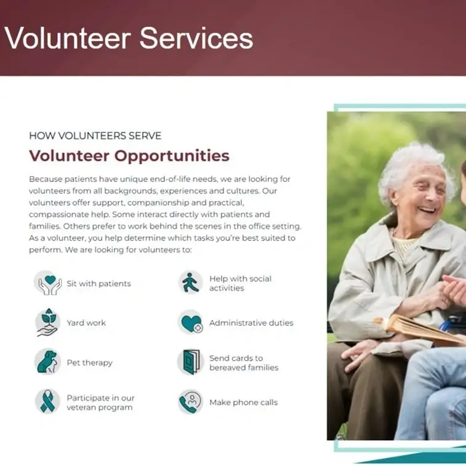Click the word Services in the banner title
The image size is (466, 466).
pyautogui.click(x=196, y=38)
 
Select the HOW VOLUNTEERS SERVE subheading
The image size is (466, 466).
pyautogui.click(x=95, y=135)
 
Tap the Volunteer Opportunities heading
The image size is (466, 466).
pyautogui.click(x=129, y=155)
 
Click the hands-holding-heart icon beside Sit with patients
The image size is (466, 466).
pyautogui.click(x=47, y=283)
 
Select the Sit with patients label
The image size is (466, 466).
pyautogui.click(x=98, y=284)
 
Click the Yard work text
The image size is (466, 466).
pyautogui.click(x=86, y=323)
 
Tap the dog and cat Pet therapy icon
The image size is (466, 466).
pyautogui.click(x=47, y=362)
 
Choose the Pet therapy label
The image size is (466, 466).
pyautogui.click(x=89, y=363)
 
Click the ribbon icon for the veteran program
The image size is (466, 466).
pyautogui.click(x=47, y=401)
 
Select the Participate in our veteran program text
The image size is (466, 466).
pyautogui.click(x=100, y=403)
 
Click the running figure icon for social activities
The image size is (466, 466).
pyautogui.click(x=190, y=283)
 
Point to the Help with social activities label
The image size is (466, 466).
pyautogui.click(x=240, y=283)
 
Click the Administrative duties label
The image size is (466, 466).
pyautogui.click(x=251, y=323)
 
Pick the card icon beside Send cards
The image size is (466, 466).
pyautogui.click(x=190, y=362)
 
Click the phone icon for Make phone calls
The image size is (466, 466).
pyautogui.click(x=190, y=401)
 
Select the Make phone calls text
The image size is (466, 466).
pyautogui.click(x=243, y=402)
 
